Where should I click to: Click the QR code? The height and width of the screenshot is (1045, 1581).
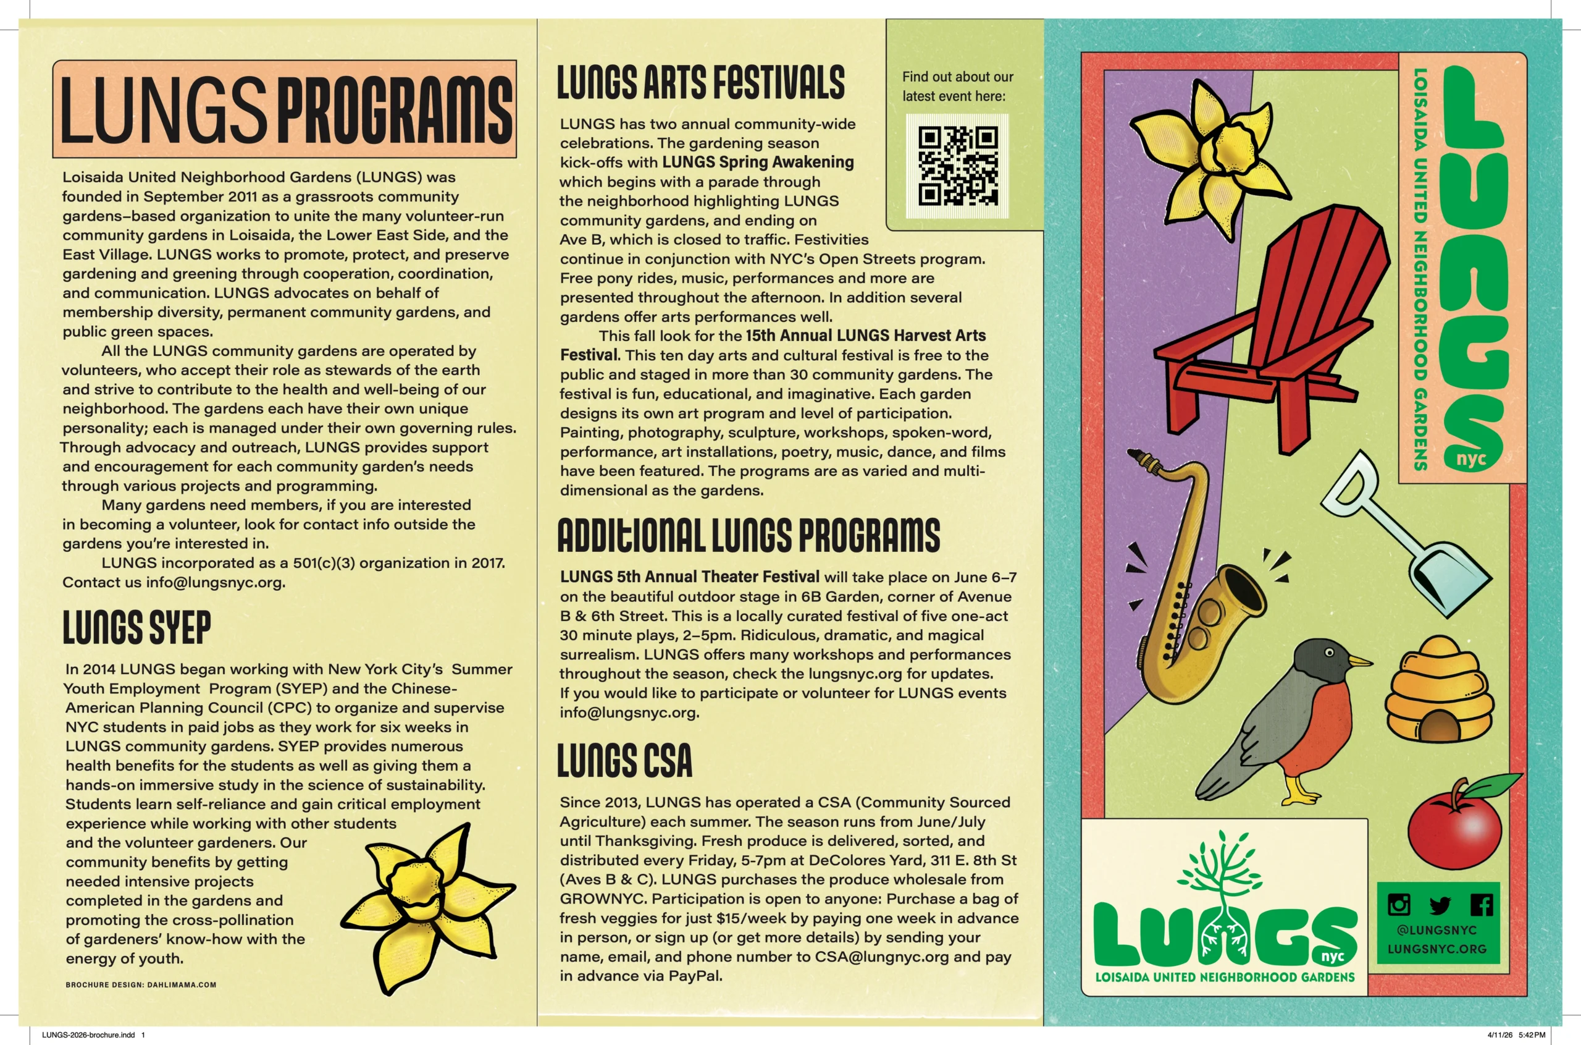tap(958, 166)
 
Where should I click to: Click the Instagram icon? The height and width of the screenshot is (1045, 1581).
tap(1399, 904)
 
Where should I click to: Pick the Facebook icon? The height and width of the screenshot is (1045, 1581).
tap(1481, 904)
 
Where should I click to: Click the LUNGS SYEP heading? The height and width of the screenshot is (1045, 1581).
tap(136, 628)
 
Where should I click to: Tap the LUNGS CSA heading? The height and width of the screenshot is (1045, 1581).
tap(624, 761)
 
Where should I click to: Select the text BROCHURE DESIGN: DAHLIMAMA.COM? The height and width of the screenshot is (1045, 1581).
tap(141, 984)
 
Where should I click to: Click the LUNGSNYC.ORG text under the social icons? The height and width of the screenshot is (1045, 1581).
tap(1437, 949)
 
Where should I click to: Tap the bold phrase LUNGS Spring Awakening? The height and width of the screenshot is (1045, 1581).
tap(758, 162)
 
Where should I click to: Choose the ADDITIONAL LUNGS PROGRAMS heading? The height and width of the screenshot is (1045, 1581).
tap(749, 535)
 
